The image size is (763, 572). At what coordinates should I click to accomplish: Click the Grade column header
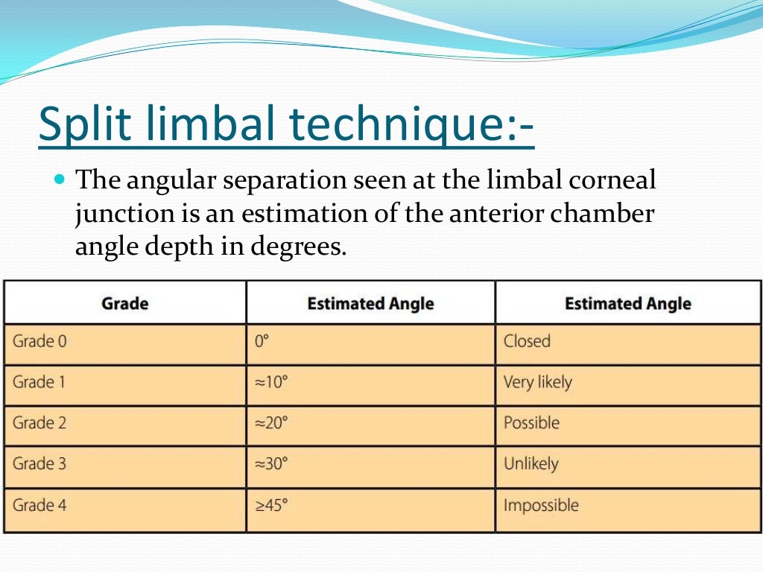(x=125, y=303)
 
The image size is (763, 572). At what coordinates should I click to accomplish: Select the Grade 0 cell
(x=39, y=342)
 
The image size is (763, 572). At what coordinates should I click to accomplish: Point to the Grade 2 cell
(x=39, y=423)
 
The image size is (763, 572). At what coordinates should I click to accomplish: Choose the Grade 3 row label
(x=39, y=464)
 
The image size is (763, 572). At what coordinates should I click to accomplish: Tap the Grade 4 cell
(x=39, y=505)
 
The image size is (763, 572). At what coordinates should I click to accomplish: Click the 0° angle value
(x=262, y=342)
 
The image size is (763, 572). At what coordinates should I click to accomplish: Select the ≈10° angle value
(x=271, y=383)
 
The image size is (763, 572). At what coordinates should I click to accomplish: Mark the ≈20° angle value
(x=271, y=423)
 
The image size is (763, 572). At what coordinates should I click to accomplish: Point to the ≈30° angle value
(x=271, y=464)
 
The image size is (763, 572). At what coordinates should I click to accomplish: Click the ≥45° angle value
(x=271, y=505)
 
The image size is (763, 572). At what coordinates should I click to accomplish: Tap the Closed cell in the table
(x=527, y=342)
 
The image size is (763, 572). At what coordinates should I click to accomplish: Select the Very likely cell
(x=538, y=383)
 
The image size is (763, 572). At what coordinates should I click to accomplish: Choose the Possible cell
(x=531, y=423)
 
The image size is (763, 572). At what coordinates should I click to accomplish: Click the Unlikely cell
(x=531, y=464)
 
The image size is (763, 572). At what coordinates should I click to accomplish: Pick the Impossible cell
(x=541, y=505)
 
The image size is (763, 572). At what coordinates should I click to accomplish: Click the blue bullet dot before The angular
(x=61, y=180)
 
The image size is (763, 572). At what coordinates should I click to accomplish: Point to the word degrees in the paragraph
(x=301, y=247)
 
